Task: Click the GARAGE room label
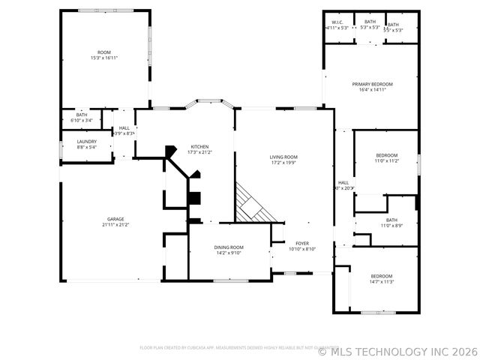[115, 219]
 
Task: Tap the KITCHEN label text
[199, 146]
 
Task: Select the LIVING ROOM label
[283, 157]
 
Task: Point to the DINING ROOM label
[229, 247]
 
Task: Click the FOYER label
[302, 243]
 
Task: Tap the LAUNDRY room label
[86, 141]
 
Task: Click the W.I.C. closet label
[337, 22]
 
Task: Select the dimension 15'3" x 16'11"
[104, 58]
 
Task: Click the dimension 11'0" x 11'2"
[387, 160]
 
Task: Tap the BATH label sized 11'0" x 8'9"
[392, 220]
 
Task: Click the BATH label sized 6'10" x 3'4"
[82, 115]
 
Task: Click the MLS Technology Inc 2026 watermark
[397, 350]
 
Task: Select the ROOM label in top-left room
[104, 52]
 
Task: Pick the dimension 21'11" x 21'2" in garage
[115, 224]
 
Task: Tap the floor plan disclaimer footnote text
[226, 348]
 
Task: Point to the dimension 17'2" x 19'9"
[283, 162]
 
